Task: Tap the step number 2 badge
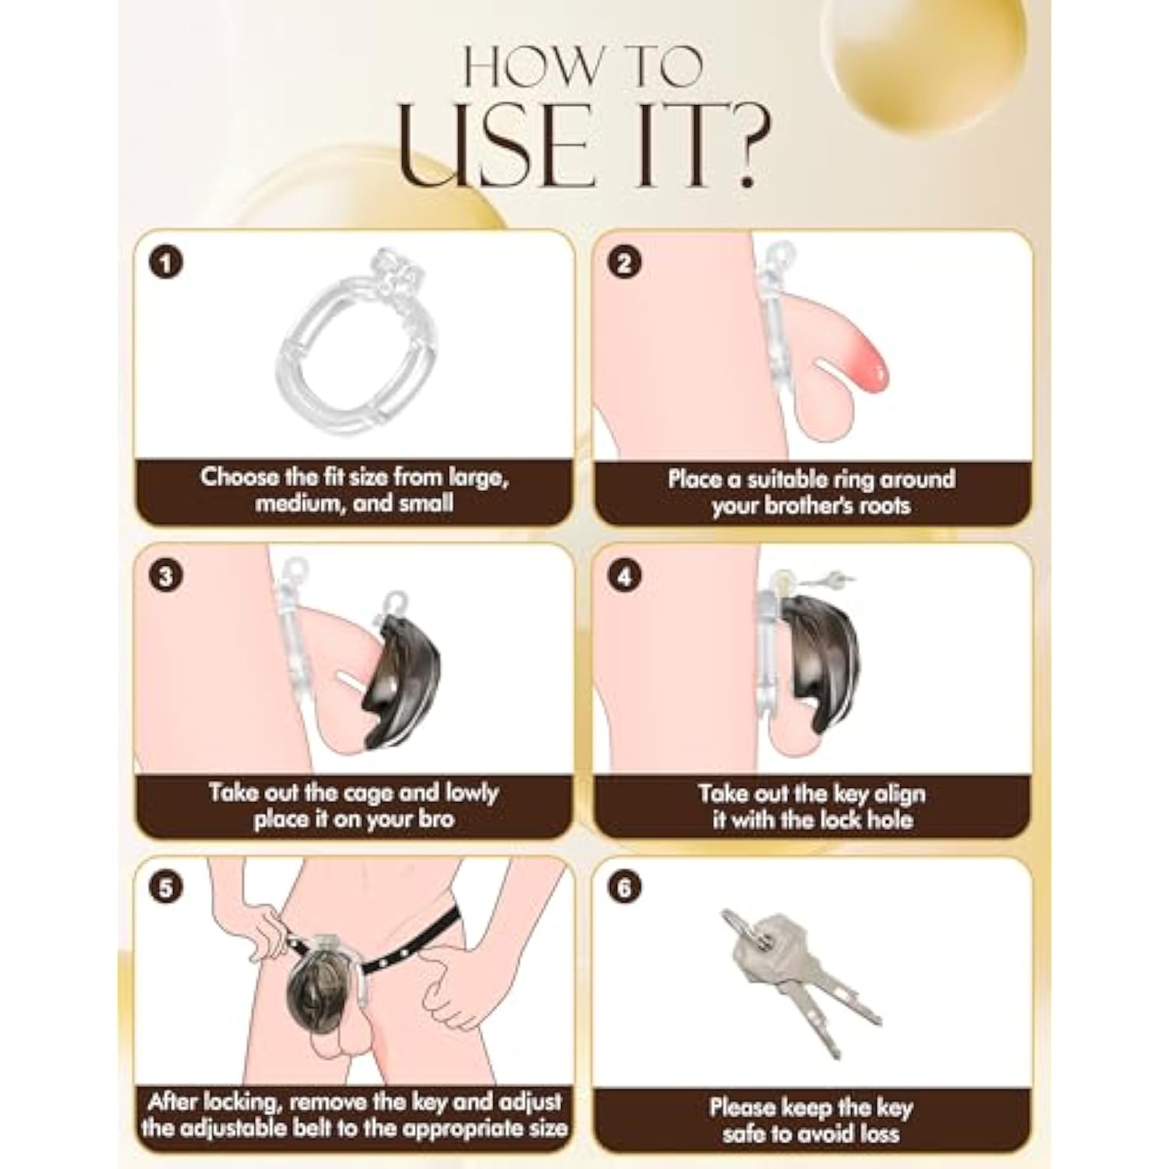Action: click(x=623, y=263)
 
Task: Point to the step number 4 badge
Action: click(x=623, y=577)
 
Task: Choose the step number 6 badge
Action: click(x=623, y=888)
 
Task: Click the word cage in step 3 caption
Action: click(x=387, y=794)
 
